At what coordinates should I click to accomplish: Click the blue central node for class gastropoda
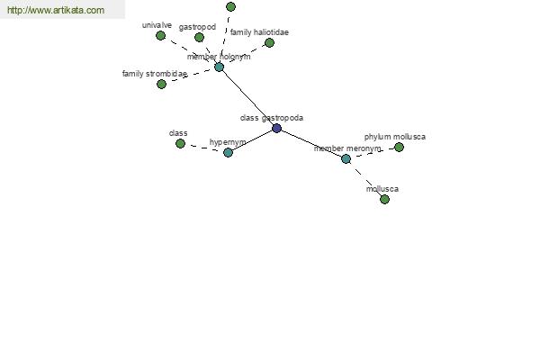276,128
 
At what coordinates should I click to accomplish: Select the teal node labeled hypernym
228,152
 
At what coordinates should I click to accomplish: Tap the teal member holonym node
219,67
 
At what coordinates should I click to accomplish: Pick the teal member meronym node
346,158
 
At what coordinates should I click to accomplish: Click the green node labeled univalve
160,35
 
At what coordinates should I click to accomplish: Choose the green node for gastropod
199,37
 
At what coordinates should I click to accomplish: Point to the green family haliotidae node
269,42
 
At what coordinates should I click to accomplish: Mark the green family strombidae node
161,84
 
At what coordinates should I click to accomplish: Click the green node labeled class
180,143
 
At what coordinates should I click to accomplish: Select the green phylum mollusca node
399,147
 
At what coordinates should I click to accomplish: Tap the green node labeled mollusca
384,199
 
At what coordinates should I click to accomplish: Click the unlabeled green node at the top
230,6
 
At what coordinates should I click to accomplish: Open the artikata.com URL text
56,10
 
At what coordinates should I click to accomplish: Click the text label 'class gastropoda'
272,118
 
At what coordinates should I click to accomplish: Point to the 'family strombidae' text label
155,74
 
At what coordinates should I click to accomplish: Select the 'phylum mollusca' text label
395,137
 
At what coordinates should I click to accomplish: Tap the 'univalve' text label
157,25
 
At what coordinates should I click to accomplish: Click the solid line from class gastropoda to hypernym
252,140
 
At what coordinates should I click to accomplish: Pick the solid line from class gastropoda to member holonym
247,97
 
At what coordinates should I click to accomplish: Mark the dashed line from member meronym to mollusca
365,179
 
